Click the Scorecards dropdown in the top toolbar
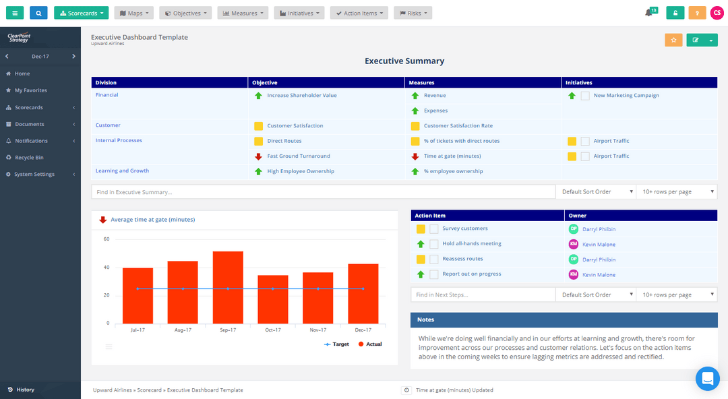[81, 13]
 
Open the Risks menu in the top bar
[413, 13]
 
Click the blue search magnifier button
[38, 13]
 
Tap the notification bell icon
[648, 13]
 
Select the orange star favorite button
[673, 40]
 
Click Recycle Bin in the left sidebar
[29, 158]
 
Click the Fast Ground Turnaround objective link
[299, 156]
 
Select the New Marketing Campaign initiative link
[626, 96]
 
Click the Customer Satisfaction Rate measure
[458, 126]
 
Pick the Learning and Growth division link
[122, 171]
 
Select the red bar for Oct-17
[273, 299]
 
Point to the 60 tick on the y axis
[107, 239]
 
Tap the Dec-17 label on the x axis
[363, 330]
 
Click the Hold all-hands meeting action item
[472, 244]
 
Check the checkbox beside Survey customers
[434, 229]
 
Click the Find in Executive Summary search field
[323, 192]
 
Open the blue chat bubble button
[707, 379]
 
